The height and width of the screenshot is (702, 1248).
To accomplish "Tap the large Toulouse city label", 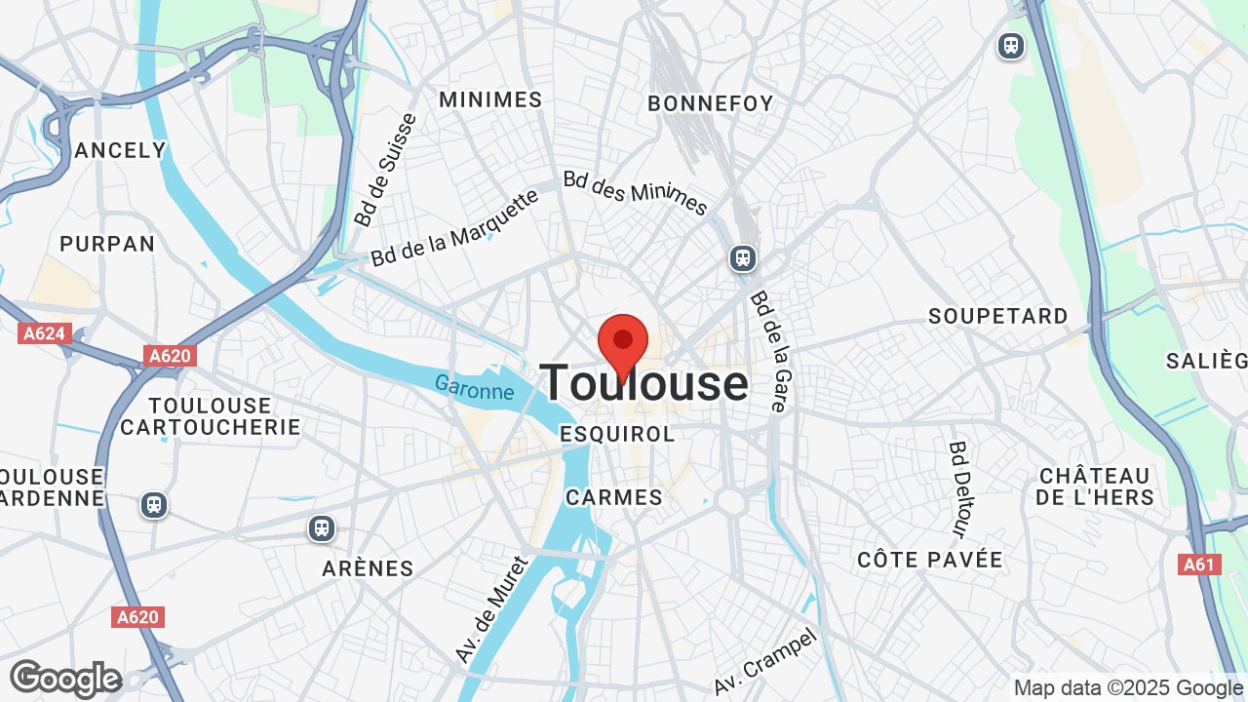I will pyautogui.click(x=643, y=383).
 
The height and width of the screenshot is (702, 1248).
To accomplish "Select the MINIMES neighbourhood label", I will pyautogui.click(x=490, y=99).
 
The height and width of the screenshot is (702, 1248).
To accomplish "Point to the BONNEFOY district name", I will pyautogui.click(x=711, y=103).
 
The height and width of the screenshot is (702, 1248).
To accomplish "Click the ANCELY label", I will pyautogui.click(x=121, y=150).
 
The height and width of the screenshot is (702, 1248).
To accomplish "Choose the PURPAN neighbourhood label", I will pyautogui.click(x=107, y=244).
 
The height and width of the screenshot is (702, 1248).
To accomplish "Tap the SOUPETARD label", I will pyautogui.click(x=998, y=316).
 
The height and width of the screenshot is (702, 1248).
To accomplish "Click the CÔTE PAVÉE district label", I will pyautogui.click(x=930, y=560).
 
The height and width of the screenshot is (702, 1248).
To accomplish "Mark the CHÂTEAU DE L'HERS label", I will pyautogui.click(x=1095, y=487).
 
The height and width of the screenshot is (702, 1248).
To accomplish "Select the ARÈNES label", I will pyautogui.click(x=369, y=568).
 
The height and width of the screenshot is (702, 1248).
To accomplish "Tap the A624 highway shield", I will pyautogui.click(x=44, y=333).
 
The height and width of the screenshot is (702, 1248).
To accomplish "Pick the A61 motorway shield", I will pyautogui.click(x=1199, y=565).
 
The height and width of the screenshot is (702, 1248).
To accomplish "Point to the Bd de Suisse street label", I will pyautogui.click(x=385, y=171).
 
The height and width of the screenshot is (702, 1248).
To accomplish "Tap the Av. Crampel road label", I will pyautogui.click(x=764, y=661).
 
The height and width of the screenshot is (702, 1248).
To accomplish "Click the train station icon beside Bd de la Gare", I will pyautogui.click(x=743, y=258).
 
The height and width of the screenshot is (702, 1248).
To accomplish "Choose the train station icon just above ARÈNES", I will pyautogui.click(x=322, y=528).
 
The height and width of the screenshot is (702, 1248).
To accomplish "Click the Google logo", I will pyautogui.click(x=66, y=679).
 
